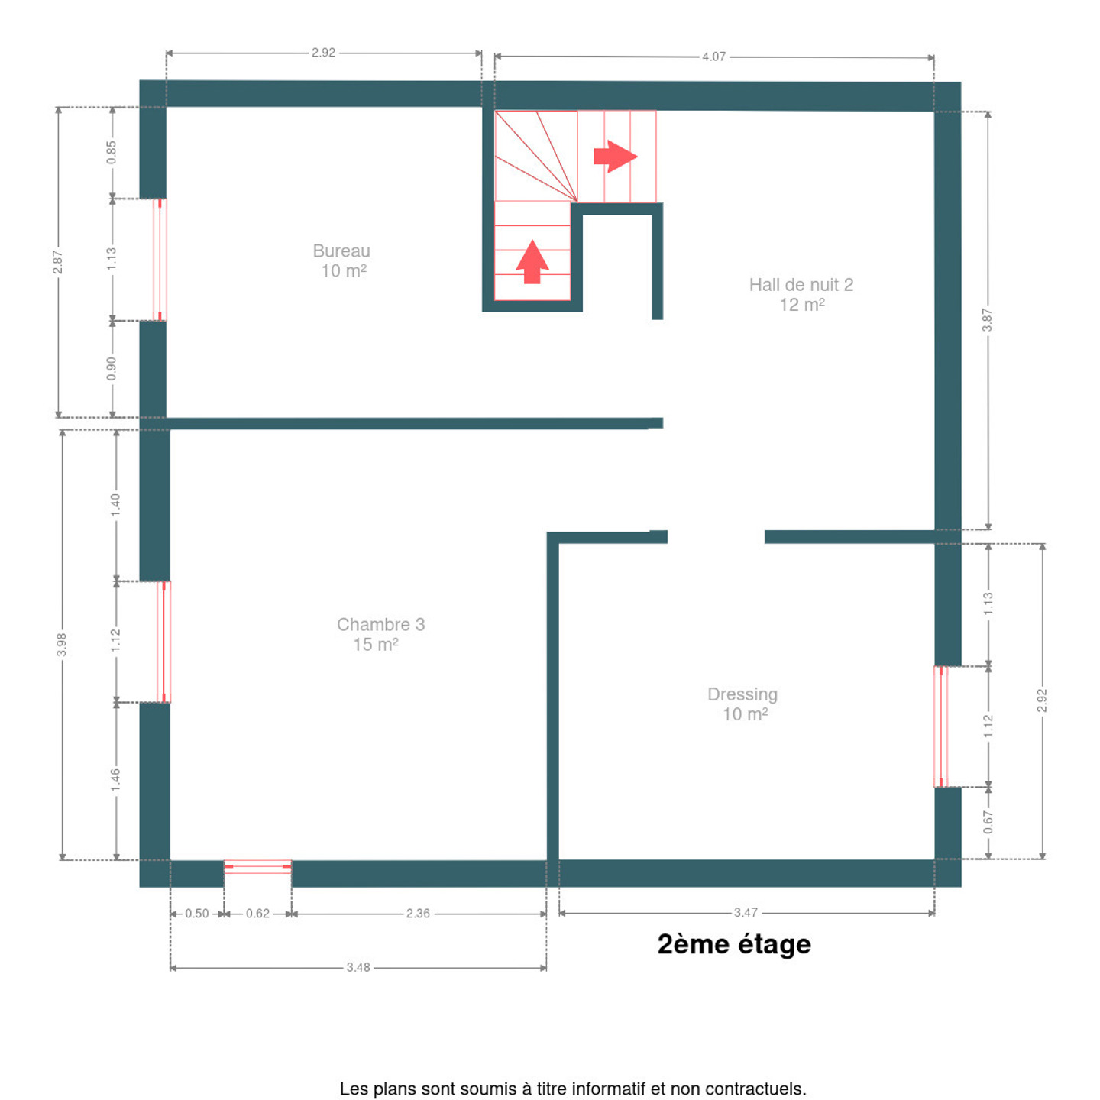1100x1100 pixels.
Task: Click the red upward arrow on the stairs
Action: pyautogui.click(x=532, y=261)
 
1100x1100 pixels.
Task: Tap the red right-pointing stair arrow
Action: pyautogui.click(x=616, y=157)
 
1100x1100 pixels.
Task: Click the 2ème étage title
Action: pyautogui.click(x=734, y=944)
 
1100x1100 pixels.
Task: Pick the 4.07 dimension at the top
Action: pyautogui.click(x=713, y=57)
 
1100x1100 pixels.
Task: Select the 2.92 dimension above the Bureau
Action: pyautogui.click(x=323, y=53)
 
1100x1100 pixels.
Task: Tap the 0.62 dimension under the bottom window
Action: pyautogui.click(x=257, y=914)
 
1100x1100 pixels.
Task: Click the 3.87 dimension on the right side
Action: pyautogui.click(x=987, y=320)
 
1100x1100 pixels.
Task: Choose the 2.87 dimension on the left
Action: pyautogui.click(x=57, y=262)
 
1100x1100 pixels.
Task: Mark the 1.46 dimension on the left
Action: pyautogui.click(x=116, y=781)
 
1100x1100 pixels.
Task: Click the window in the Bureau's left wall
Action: pyautogui.click(x=160, y=260)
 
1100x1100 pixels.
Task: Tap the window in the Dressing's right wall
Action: pyautogui.click(x=941, y=726)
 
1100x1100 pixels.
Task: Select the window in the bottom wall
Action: pyautogui.click(x=257, y=866)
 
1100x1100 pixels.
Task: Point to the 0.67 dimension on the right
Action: pyautogui.click(x=988, y=822)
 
